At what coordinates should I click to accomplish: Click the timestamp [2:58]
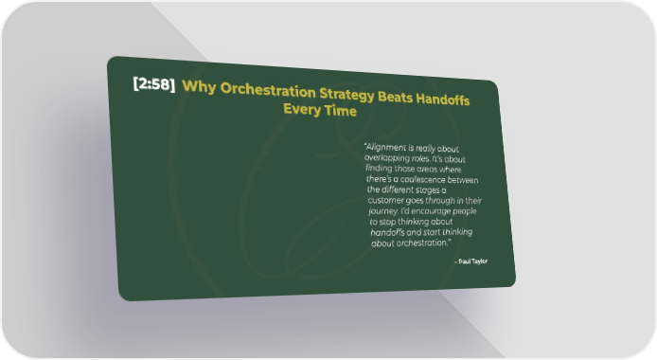[153, 83]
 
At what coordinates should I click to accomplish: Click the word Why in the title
[199, 87]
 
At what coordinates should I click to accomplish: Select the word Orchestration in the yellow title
[268, 90]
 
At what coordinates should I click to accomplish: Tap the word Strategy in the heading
[346, 95]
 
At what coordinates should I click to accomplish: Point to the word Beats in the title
[395, 97]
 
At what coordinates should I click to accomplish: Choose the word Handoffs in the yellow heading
[442, 99]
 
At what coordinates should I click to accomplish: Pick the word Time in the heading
[342, 111]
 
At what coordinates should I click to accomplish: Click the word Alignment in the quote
[385, 148]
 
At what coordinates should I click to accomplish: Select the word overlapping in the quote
[387, 158]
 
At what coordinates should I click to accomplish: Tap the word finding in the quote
[379, 168]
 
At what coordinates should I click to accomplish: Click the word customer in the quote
[385, 200]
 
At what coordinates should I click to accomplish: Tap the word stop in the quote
[387, 222]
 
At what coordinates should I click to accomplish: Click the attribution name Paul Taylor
[472, 261]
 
